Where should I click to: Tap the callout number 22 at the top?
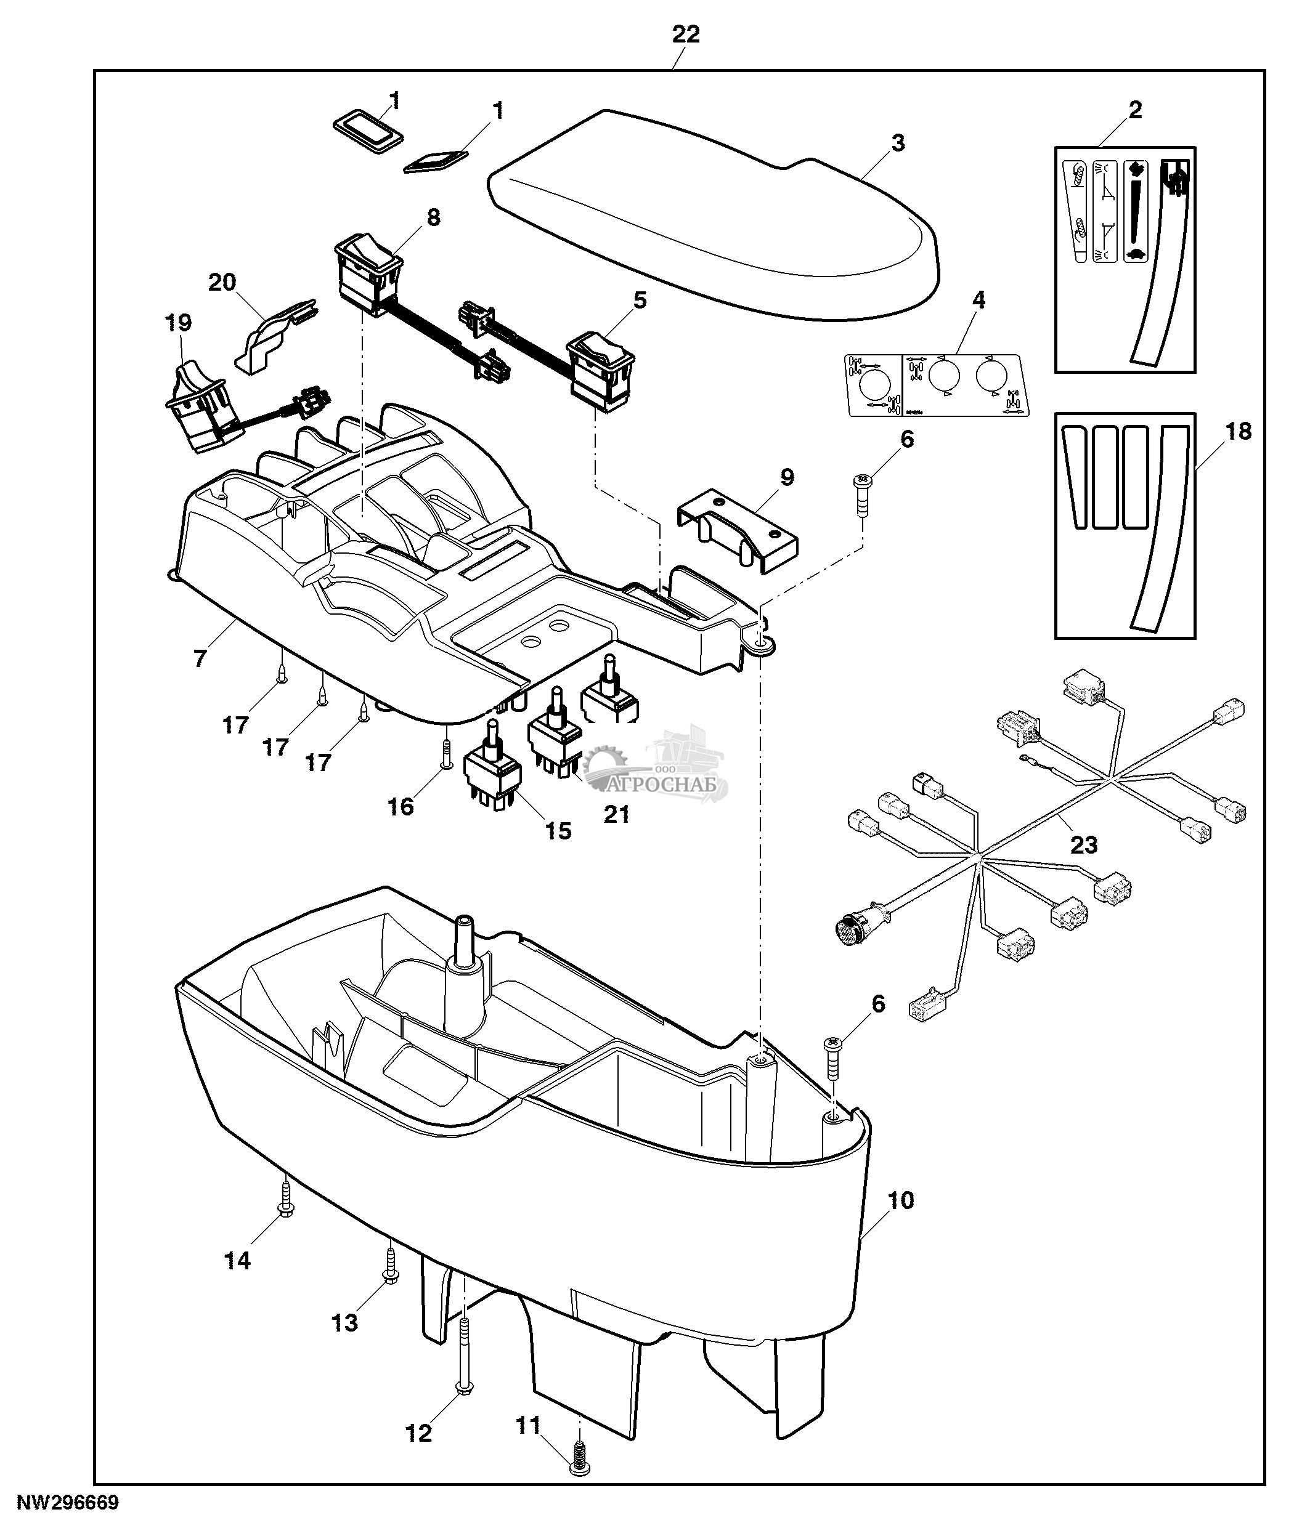[685, 34]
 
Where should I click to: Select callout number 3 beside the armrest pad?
[898, 143]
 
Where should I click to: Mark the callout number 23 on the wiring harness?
[1083, 844]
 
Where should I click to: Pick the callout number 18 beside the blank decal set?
[1239, 431]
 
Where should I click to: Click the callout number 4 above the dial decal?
[978, 300]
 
